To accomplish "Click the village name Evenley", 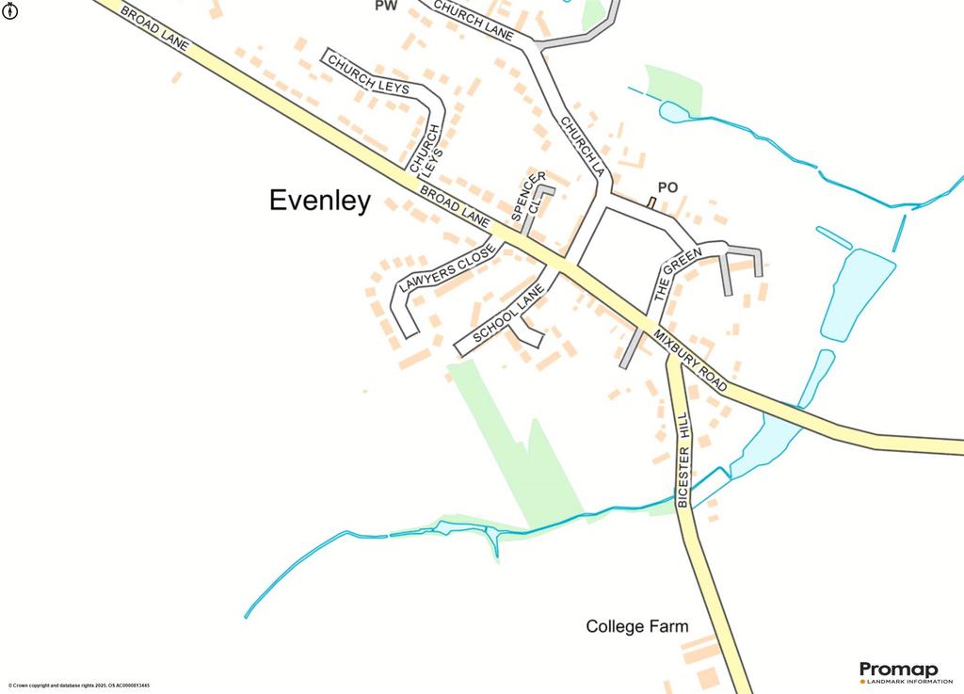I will tap(320, 201).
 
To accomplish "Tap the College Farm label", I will tap(636, 626).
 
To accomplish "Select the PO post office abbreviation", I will tap(667, 187).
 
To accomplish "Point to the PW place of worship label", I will tap(385, 6).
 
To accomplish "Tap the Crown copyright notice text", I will tap(78, 686).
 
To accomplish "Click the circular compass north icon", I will tap(8, 18).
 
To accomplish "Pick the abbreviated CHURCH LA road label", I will tap(581, 147).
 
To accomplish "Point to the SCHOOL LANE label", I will tap(509, 315).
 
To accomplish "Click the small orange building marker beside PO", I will tap(651, 202).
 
